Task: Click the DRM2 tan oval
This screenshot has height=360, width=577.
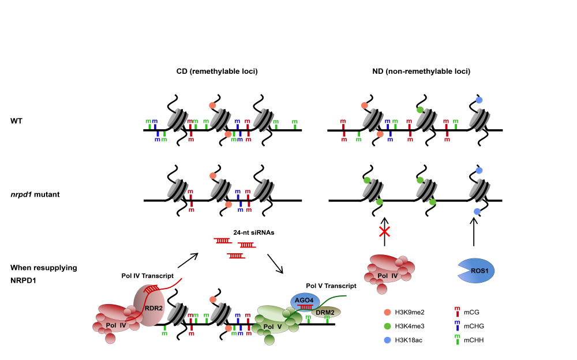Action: click(x=326, y=312)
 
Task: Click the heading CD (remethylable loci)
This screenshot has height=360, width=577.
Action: click(x=216, y=72)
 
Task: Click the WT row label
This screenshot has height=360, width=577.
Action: click(x=16, y=121)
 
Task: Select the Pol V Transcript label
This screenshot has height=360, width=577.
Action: click(x=331, y=286)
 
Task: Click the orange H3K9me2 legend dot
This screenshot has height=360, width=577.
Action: click(x=388, y=312)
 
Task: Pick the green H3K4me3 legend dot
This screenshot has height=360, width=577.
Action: click(x=388, y=326)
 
